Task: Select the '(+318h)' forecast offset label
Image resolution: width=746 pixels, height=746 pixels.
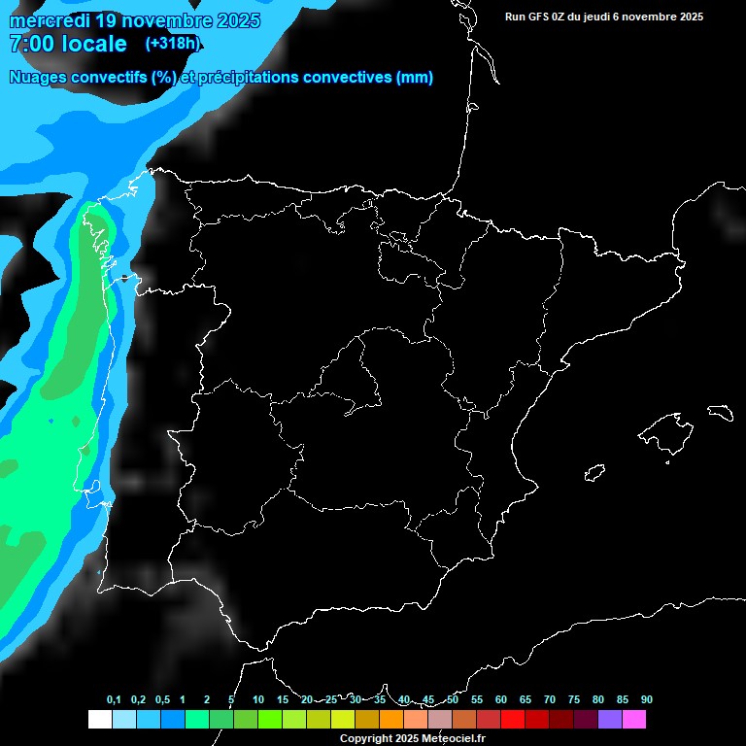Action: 172,44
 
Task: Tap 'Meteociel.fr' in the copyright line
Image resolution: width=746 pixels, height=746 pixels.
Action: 453,738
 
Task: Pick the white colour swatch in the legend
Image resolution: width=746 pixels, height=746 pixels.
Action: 99,720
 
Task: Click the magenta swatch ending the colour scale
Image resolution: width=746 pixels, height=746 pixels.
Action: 634,720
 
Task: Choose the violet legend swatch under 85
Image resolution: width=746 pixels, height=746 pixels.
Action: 610,720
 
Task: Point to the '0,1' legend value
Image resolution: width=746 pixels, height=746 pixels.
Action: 114,699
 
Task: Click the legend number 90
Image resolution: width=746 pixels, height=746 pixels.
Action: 646,699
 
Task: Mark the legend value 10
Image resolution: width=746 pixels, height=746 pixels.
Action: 257,699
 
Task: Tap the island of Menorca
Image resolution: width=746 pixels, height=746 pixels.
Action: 720,412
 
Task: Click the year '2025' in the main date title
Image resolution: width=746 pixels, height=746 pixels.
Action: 235,20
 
